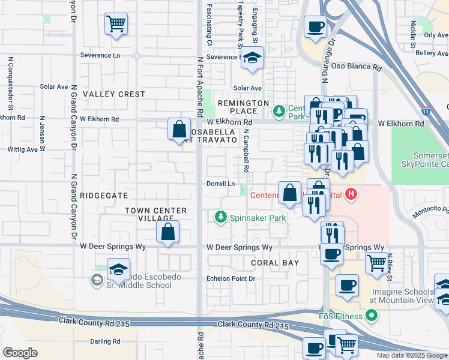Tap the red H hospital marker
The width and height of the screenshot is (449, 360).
[352, 195]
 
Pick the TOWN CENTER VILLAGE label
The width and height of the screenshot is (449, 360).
[155, 215]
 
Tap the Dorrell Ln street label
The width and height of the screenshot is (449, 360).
[220, 184]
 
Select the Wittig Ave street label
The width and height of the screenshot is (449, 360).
[23, 149]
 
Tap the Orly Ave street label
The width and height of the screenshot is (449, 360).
[436, 35]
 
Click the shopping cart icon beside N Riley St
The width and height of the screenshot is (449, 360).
[376, 262]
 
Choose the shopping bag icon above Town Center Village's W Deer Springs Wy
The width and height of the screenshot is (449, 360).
[168, 231]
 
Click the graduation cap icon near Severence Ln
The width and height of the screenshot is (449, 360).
[252, 59]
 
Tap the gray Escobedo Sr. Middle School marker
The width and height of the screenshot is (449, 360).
[97, 280]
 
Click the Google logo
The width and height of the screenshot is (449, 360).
[20, 353]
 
